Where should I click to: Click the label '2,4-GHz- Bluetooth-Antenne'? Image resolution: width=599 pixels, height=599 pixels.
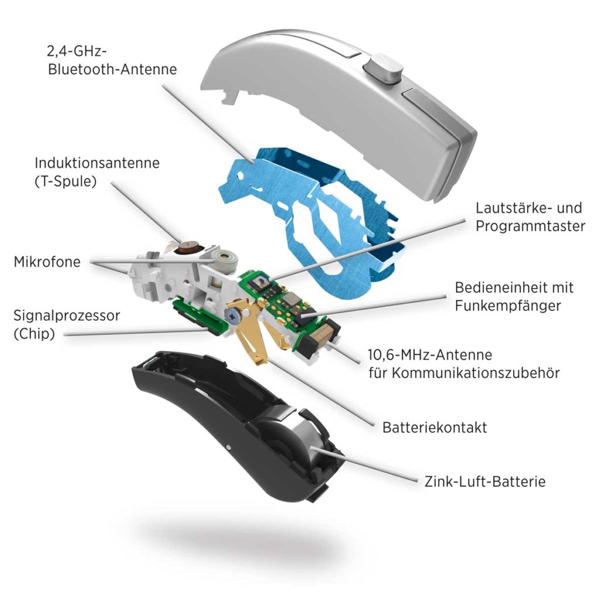112,60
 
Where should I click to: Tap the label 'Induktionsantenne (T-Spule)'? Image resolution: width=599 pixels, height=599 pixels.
97,172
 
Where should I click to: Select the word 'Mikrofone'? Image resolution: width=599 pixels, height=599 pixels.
47,262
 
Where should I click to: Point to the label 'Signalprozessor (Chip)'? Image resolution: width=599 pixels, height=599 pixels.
67,325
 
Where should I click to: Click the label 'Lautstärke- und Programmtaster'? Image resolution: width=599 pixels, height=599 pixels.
530,217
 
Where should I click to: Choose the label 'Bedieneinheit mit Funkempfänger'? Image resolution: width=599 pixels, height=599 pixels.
514,297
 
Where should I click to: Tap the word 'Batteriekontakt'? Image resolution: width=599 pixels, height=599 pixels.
435,428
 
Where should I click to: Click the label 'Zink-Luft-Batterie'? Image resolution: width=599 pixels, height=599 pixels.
485,481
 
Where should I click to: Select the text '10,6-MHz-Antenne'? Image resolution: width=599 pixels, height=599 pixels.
430,355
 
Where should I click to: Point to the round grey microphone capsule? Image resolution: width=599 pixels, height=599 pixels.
225,260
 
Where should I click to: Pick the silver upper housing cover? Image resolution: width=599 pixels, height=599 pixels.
340,111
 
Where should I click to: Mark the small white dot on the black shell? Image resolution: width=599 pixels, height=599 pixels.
228,446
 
